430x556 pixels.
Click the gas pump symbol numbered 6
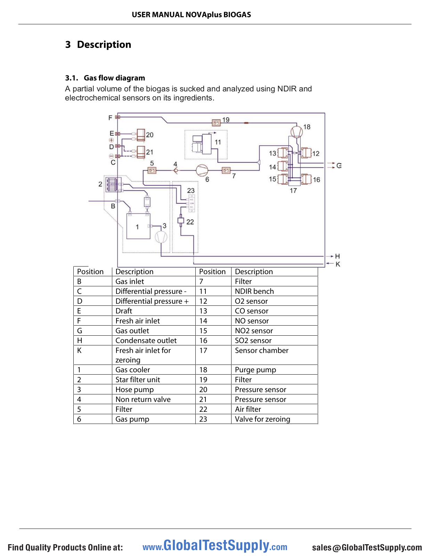[202, 170]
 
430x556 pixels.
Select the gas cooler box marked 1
[138, 226]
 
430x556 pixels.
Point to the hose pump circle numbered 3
[161, 237]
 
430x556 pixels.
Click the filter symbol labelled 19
[216, 123]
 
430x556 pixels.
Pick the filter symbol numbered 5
[152, 170]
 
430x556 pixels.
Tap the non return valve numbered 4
[176, 170]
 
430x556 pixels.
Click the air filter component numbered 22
[181, 220]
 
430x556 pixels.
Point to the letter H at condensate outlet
[338, 256]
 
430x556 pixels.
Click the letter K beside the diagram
[338, 264]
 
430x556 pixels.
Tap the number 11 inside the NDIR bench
[218, 142]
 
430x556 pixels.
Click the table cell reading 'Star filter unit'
[138, 380]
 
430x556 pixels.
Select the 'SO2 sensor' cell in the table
[253, 341]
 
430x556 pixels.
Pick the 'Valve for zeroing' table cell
[262, 419]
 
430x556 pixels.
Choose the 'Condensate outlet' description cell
[146, 341]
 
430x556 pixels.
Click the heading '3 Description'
[98, 44]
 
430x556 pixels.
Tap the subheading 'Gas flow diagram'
[114, 78]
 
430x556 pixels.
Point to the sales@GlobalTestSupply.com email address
[367, 547]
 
